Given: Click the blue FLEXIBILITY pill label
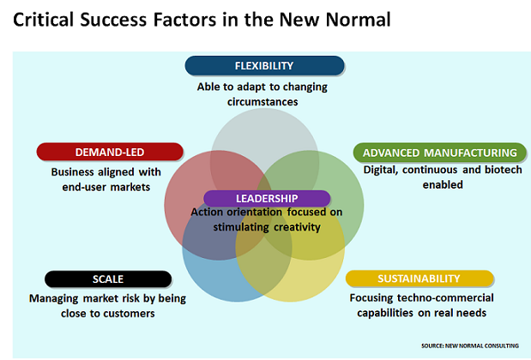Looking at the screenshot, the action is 264,66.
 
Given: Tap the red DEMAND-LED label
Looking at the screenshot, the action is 110,152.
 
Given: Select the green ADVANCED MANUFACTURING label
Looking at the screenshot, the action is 439,153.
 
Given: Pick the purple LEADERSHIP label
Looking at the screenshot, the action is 267,198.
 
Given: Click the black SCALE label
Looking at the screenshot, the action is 108,279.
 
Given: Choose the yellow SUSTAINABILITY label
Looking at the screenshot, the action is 419,279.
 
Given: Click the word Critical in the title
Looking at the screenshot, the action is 44,19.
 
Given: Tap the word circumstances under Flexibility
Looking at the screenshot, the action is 262,102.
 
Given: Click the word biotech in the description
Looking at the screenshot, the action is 504,170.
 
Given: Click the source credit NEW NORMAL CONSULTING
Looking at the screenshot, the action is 481,345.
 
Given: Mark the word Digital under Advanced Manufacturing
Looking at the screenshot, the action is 381,170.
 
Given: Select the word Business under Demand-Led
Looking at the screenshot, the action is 72,172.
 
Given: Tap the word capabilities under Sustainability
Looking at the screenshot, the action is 385,314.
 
